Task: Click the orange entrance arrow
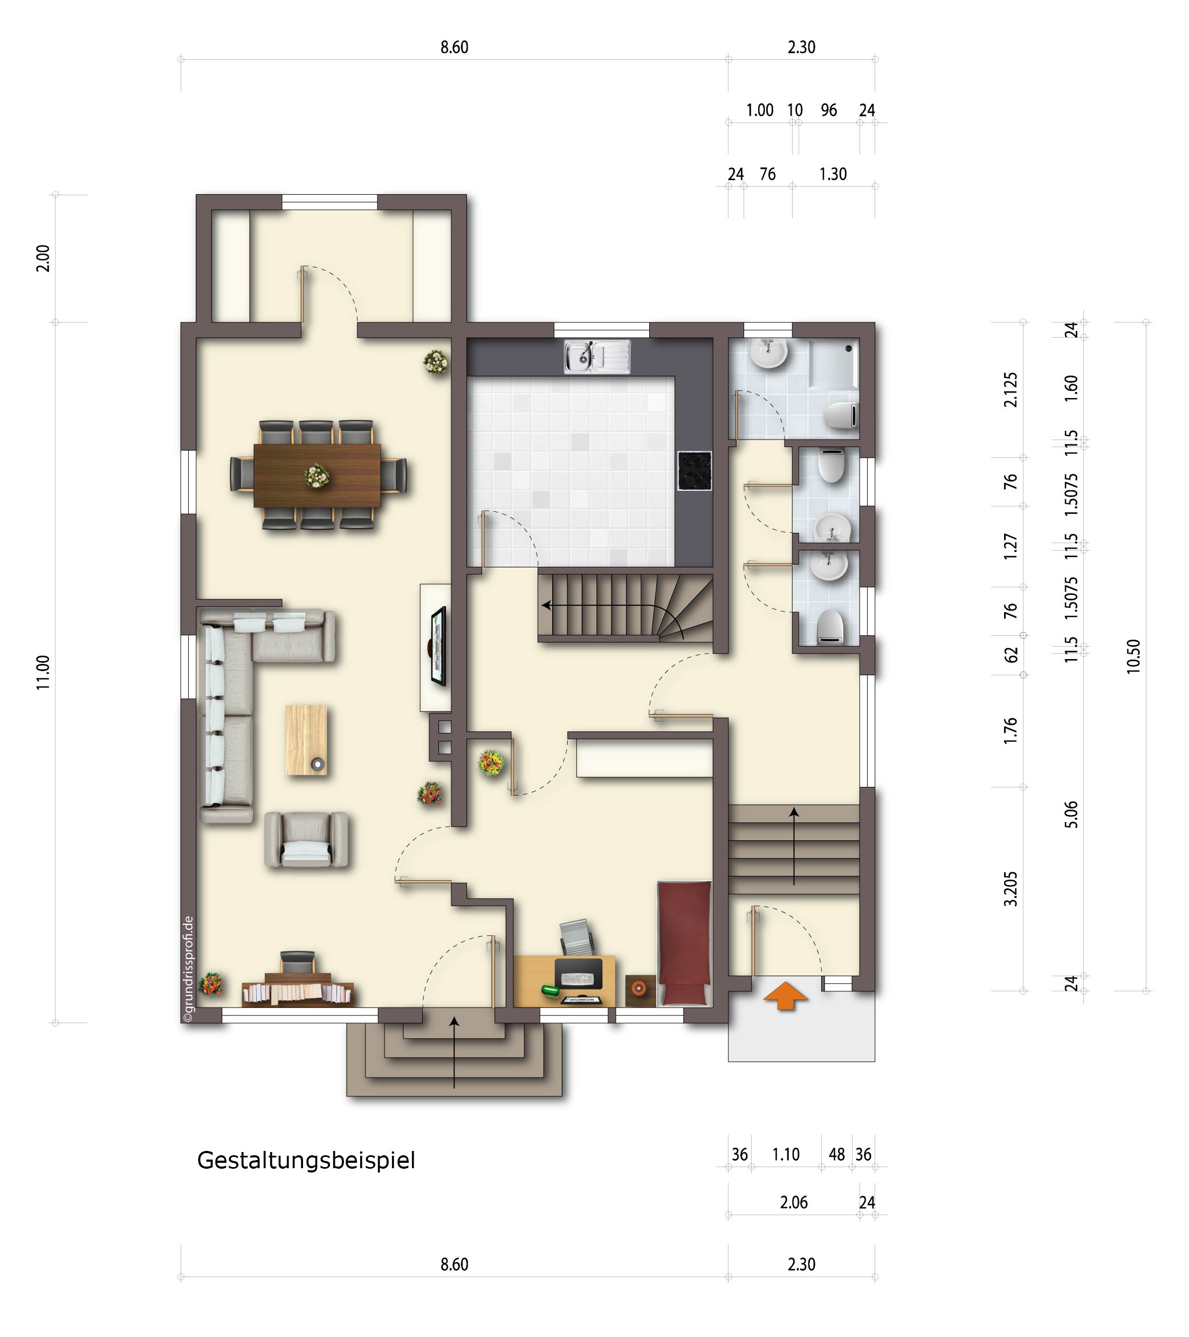coord(786,995)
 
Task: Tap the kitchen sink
coord(597,356)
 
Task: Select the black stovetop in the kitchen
coord(695,470)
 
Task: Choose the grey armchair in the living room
coord(306,840)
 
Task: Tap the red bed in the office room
coord(684,943)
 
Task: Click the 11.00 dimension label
coord(43,673)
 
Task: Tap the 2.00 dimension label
coord(43,258)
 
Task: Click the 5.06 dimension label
coord(1071,814)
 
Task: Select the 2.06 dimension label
coord(794,1202)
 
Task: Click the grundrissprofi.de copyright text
coord(189,969)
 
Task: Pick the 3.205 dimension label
coord(1011,889)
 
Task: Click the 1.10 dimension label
coord(786,1155)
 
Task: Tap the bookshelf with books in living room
coord(298,993)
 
